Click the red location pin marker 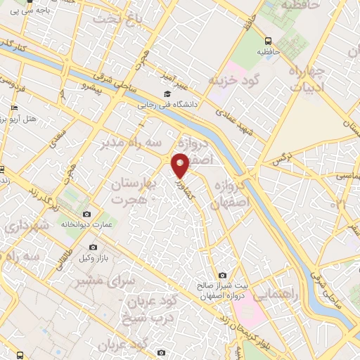[181, 165]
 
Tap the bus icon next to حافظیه [268, 41]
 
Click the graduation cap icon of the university [167, 94]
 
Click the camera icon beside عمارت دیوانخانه [86, 214]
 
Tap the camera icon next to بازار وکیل [94, 247]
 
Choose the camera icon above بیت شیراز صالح [222, 275]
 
